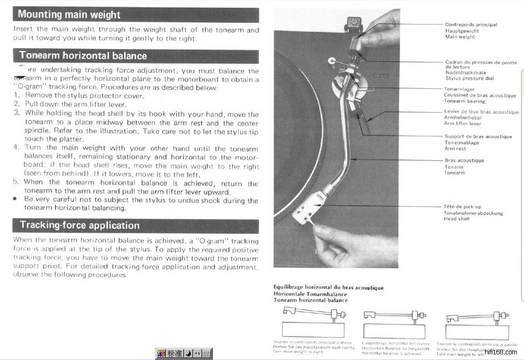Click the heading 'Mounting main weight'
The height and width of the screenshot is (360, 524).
(x=69, y=14)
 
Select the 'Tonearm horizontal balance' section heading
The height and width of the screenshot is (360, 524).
(x=83, y=56)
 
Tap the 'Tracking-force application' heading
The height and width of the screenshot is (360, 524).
(x=79, y=225)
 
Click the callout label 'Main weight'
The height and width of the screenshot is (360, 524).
(x=460, y=37)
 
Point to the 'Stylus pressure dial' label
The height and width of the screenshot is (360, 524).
(x=469, y=78)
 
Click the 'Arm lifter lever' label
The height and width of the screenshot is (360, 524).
(x=463, y=123)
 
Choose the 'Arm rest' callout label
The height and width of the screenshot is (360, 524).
(x=455, y=149)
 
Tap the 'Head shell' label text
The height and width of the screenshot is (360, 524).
(x=456, y=219)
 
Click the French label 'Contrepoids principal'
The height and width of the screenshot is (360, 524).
(x=471, y=25)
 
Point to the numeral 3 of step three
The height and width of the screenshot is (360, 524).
(x=16, y=113)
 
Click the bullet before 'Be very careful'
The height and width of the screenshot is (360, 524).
(x=16, y=200)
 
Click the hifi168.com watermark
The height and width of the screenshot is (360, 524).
(x=504, y=352)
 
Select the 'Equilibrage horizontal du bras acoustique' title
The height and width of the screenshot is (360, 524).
(x=329, y=288)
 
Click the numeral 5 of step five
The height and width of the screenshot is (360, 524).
(x=16, y=182)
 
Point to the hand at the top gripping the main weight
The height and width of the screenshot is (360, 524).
(x=381, y=31)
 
